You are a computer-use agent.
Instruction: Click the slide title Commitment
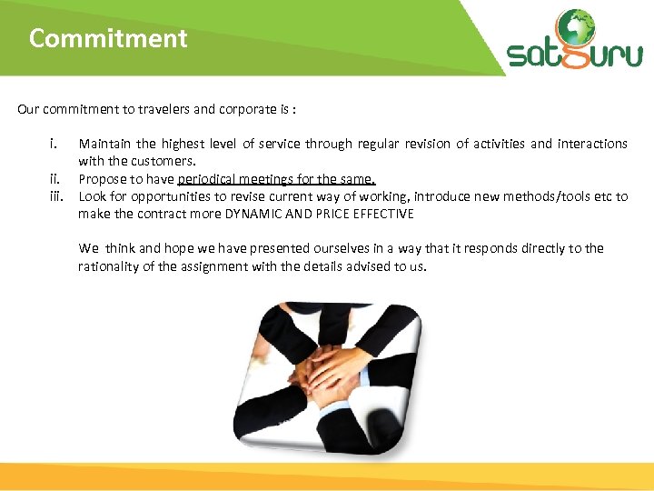coord(108,39)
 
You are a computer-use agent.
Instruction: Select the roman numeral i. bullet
coord(55,144)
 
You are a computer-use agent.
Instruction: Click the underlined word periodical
coord(217,179)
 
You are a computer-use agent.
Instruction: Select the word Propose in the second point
coord(103,179)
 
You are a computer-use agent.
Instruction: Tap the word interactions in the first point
coord(591,144)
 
